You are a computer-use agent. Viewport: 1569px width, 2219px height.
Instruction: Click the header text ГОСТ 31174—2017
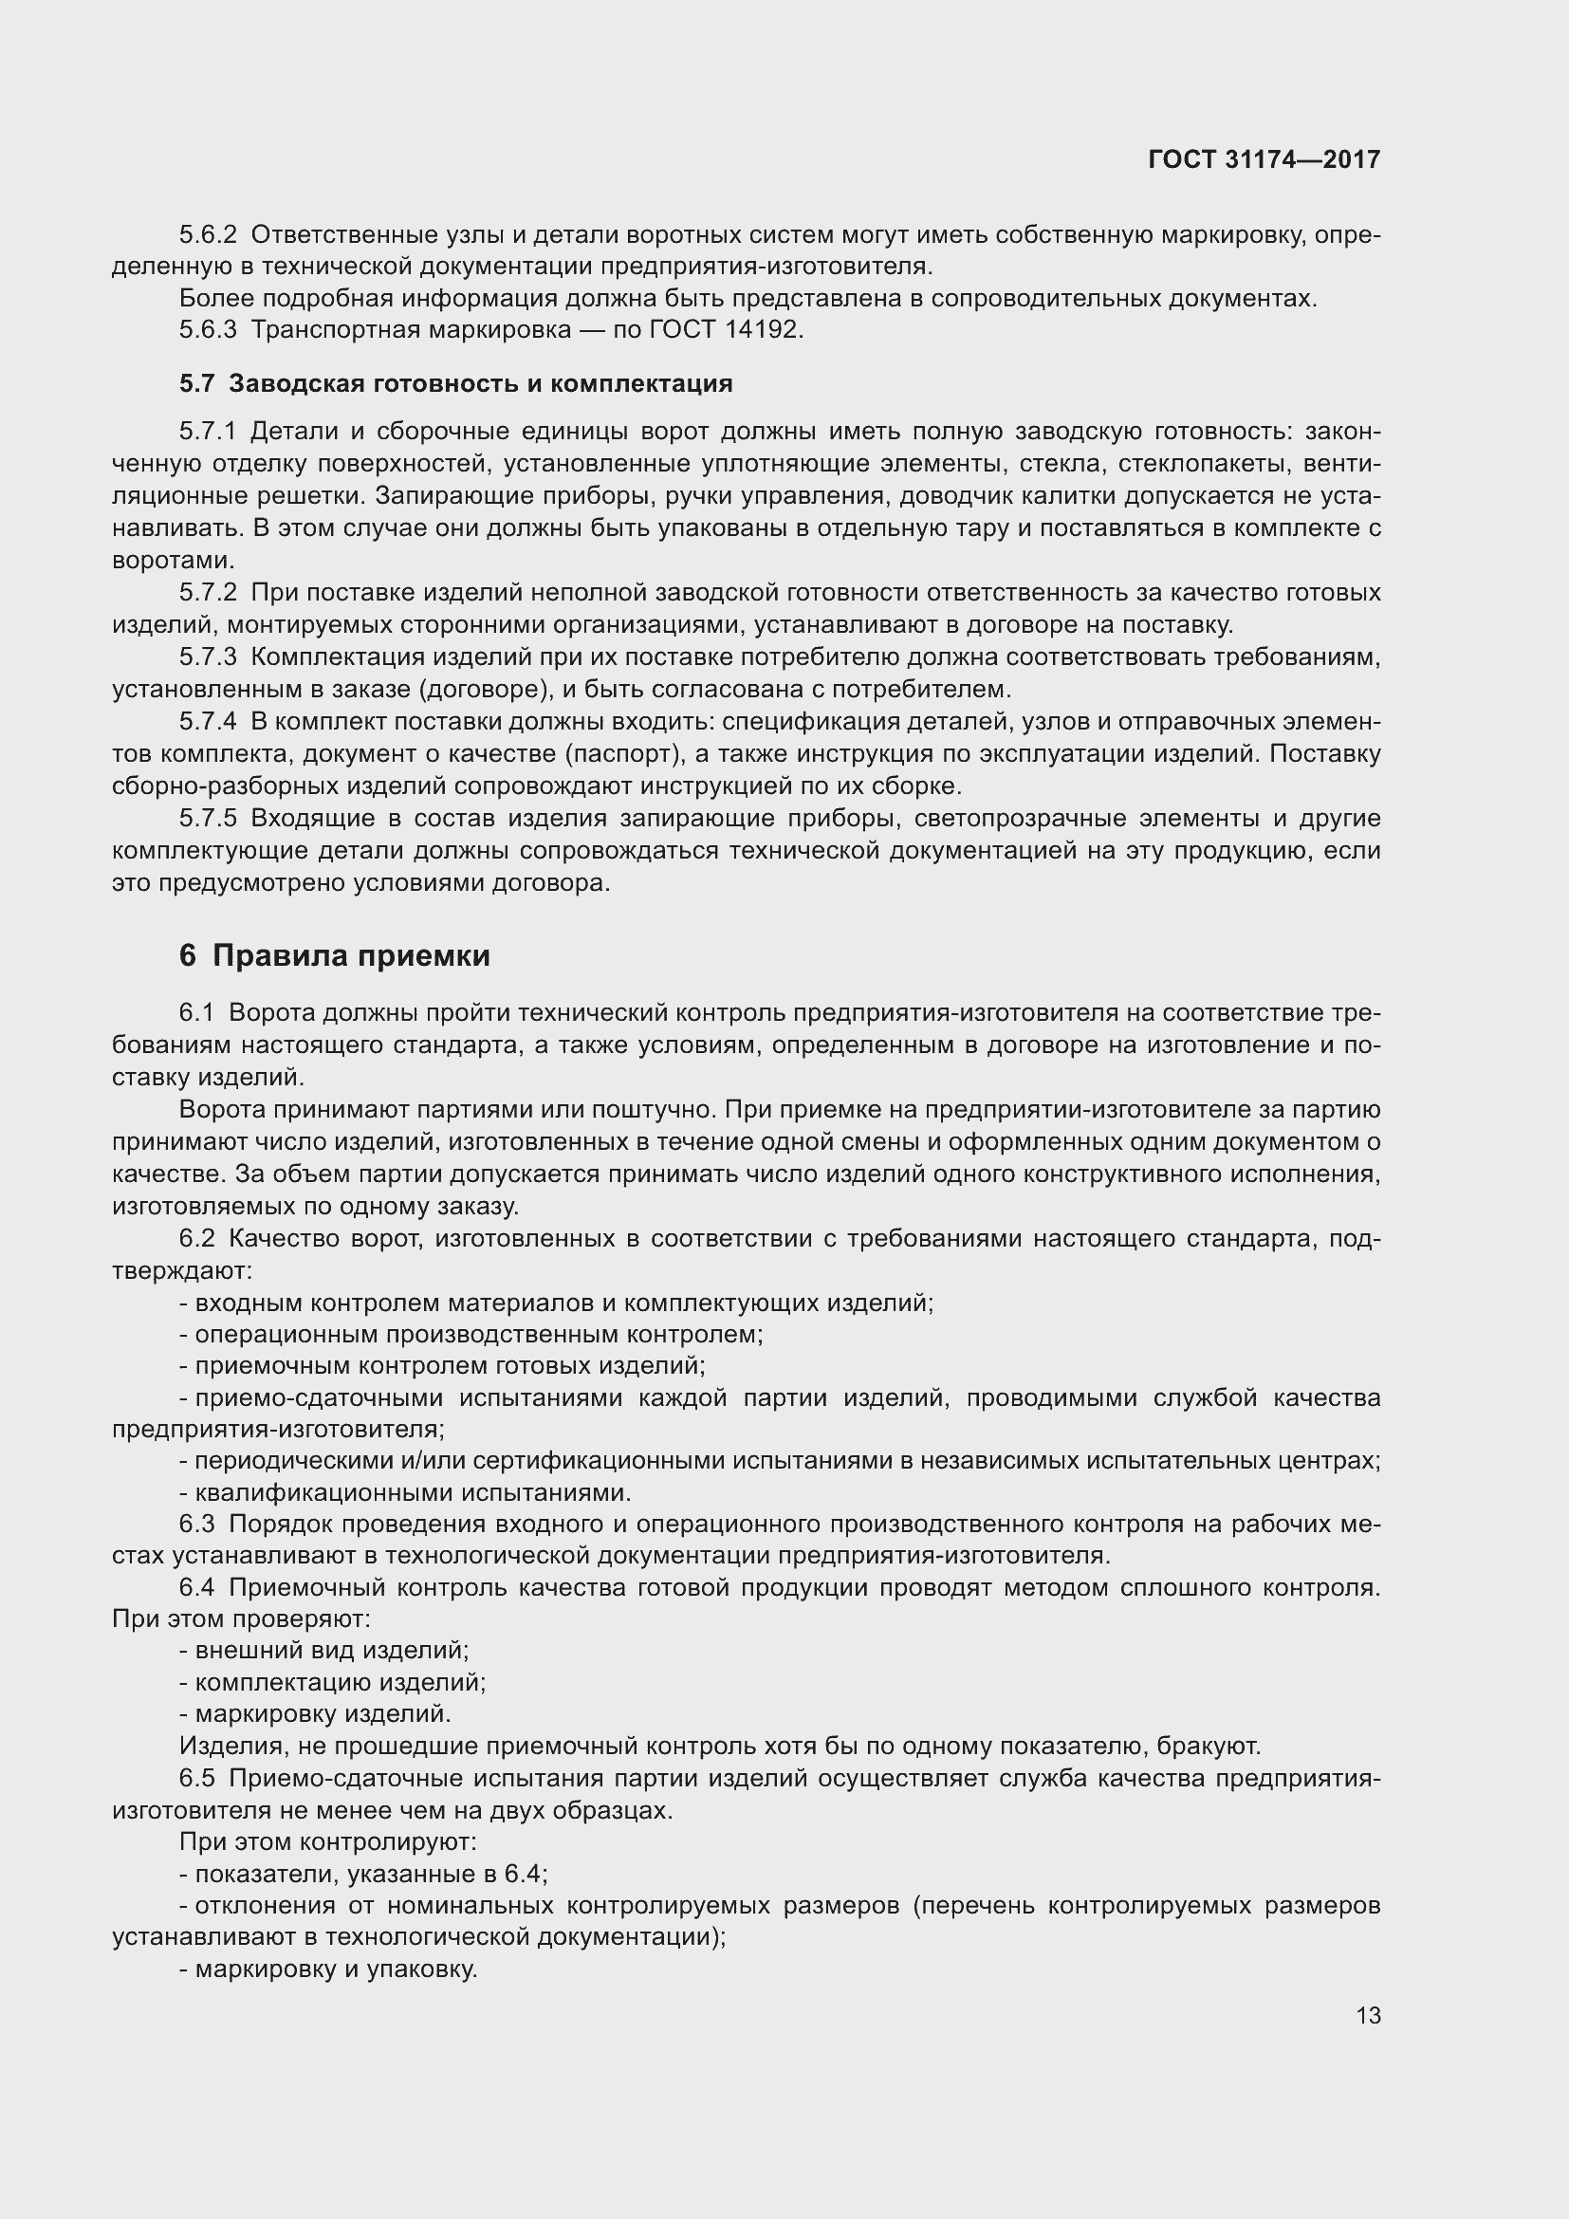[x=1264, y=159]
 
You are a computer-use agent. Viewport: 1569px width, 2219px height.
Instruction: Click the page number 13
[x=1368, y=2015]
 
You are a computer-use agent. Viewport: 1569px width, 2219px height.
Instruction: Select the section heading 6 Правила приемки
[x=334, y=956]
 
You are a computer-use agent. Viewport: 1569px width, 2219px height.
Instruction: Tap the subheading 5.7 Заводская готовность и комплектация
[x=455, y=383]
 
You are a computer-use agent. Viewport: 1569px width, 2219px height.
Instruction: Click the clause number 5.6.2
[x=208, y=235]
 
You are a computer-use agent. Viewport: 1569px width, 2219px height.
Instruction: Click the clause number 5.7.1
[x=208, y=432]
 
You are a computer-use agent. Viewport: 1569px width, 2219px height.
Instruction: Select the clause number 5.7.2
[x=208, y=592]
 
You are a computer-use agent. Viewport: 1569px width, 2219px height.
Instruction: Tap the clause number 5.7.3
[x=208, y=657]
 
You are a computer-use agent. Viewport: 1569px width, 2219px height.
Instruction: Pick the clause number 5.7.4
[x=208, y=722]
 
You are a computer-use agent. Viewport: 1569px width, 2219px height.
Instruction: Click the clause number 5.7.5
[x=208, y=819]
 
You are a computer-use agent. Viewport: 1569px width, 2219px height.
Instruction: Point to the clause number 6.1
[x=196, y=1013]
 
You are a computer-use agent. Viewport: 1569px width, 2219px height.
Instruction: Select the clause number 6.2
[x=196, y=1239]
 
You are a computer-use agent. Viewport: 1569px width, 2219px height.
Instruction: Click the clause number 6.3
[x=196, y=1525]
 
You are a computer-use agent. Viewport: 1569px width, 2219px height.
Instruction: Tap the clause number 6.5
[x=196, y=1778]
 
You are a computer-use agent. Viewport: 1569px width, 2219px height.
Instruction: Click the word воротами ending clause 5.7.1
[x=170, y=561]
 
